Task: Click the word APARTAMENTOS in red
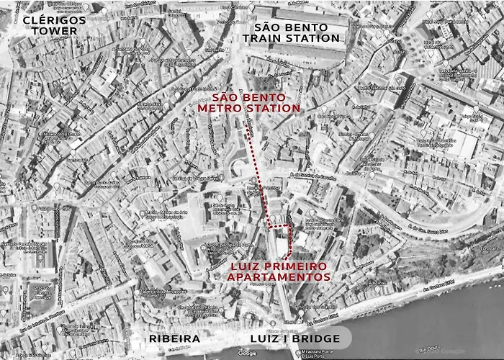pos(281,276)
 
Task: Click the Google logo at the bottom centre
pos(248,353)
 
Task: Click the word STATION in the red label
pos(276,109)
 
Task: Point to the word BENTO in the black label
pos(310,27)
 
